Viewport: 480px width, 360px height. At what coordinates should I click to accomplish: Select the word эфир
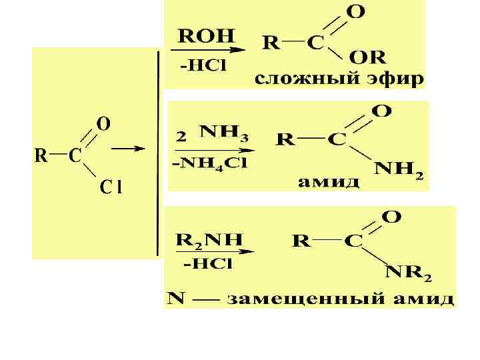pyautogui.click(x=396, y=80)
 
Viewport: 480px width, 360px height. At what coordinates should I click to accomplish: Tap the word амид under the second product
pyautogui.click(x=329, y=181)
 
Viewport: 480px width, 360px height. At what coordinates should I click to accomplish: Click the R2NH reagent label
pyautogui.click(x=209, y=238)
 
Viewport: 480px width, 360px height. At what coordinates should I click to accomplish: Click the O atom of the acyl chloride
pyautogui.click(x=105, y=124)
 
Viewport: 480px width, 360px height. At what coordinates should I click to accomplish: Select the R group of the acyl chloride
pyautogui.click(x=41, y=156)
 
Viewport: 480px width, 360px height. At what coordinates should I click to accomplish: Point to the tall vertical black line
pyautogui.click(x=158, y=153)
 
